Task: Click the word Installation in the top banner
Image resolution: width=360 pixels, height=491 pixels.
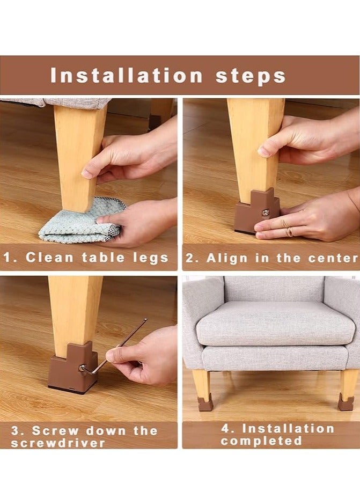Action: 126,76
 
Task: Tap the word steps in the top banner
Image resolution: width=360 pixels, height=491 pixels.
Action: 251,77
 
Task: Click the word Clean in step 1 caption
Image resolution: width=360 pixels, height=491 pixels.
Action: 49,258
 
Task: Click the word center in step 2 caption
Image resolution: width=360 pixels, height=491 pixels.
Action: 333,258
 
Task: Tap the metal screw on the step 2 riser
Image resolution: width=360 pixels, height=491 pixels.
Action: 266,212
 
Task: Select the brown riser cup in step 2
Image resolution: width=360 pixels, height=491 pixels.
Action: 256,211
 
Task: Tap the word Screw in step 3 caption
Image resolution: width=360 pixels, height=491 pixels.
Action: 55,431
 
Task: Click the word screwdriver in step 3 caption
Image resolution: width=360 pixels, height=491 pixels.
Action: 58,443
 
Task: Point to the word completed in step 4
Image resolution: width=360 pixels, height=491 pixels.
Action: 261,441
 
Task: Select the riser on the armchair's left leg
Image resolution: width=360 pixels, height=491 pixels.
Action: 204,404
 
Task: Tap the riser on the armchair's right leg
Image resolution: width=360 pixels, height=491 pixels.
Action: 346,403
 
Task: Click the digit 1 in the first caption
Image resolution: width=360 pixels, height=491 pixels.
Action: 7,258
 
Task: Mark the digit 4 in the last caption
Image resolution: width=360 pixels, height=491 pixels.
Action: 226,428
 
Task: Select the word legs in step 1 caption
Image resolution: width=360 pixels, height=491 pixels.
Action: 151,258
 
